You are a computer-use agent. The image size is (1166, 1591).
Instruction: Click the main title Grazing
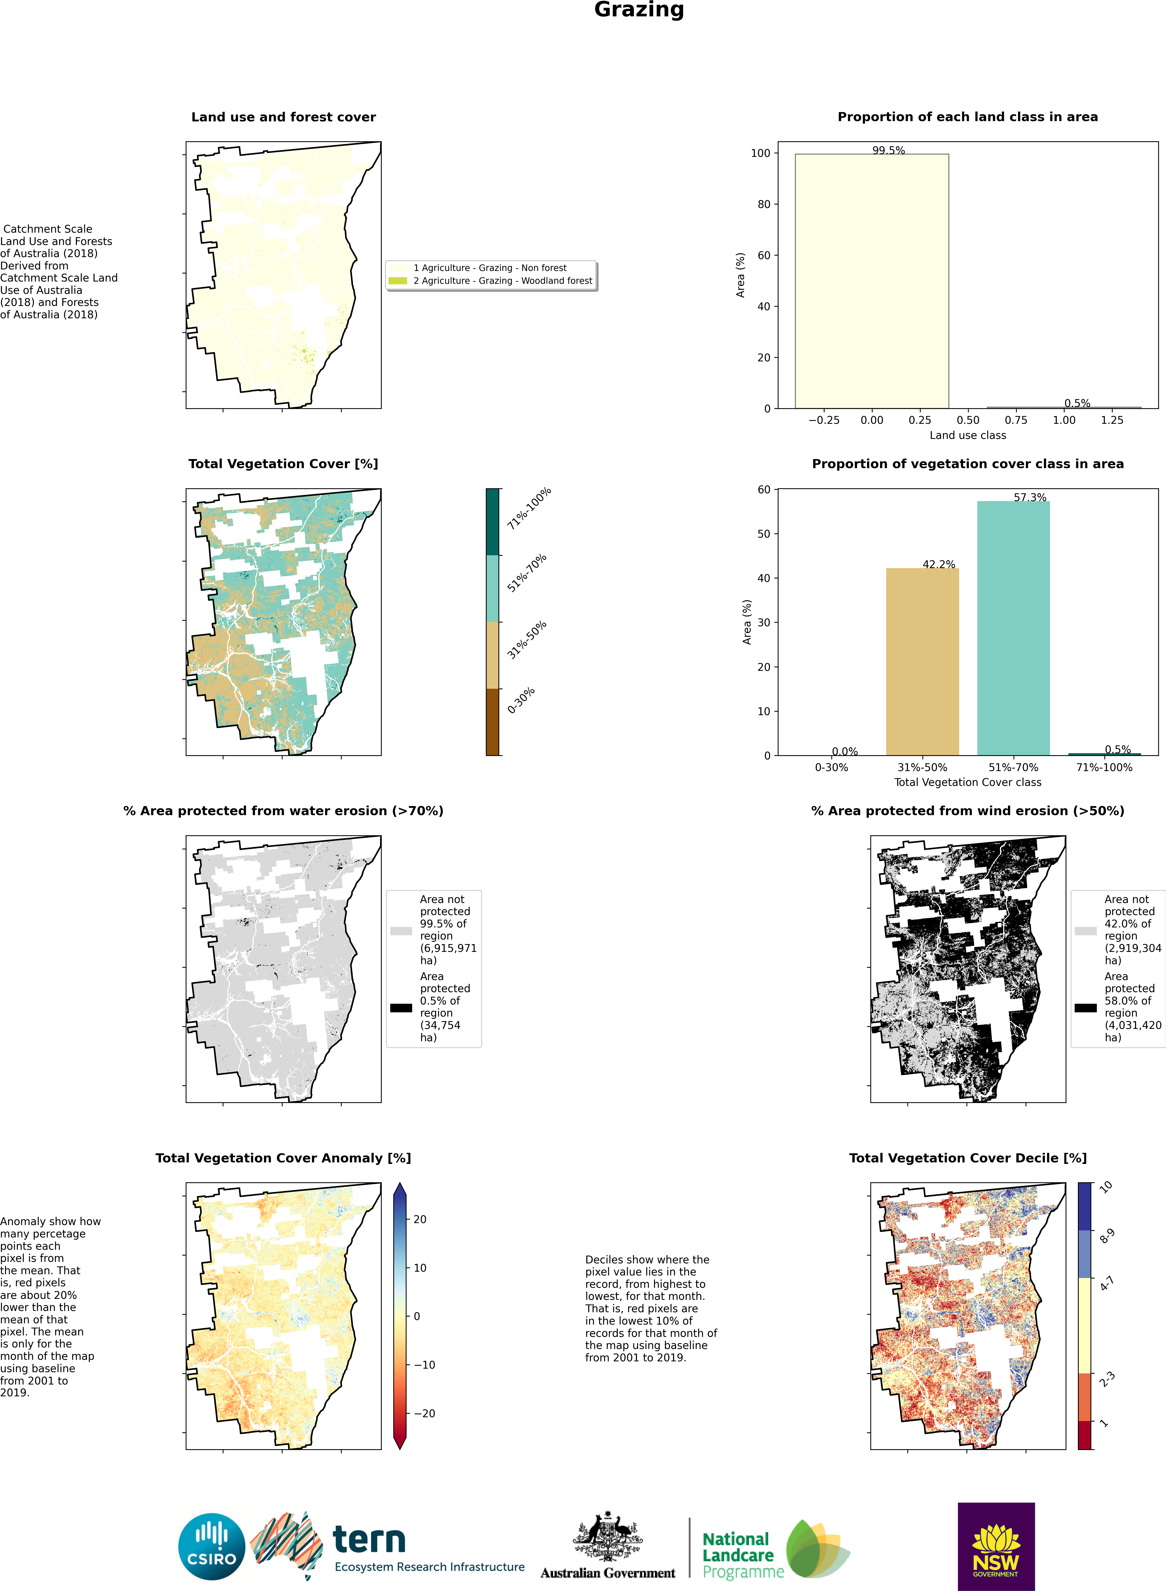click(x=639, y=10)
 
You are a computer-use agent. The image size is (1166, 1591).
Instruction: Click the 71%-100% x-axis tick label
click(x=1104, y=767)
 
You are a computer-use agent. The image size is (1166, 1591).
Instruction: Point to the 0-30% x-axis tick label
click(x=831, y=767)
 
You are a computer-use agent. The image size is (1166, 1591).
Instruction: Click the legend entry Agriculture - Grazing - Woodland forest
click(x=502, y=280)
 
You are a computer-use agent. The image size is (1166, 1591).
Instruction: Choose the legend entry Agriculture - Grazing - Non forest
click(x=490, y=268)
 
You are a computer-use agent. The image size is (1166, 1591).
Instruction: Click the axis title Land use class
click(x=968, y=435)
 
